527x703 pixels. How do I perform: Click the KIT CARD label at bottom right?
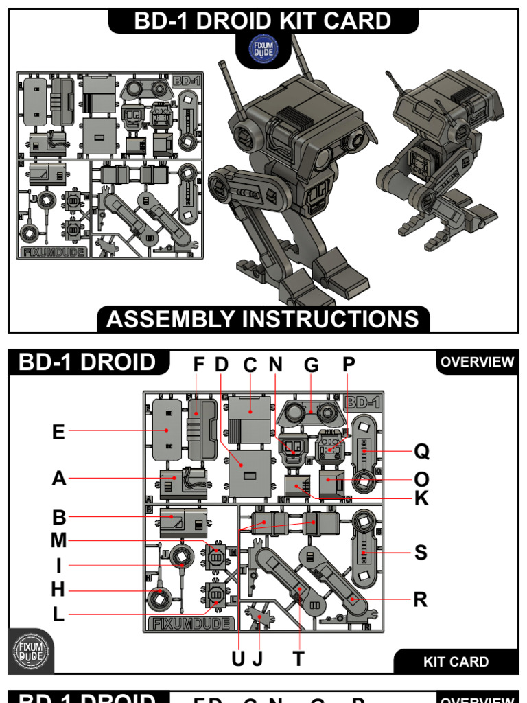[456, 662]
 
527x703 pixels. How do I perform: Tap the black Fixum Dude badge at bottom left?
[30, 649]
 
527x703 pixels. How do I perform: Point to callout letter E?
[58, 432]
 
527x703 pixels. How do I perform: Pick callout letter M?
[58, 541]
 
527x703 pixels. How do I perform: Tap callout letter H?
[58, 590]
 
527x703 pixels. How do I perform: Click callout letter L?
[58, 614]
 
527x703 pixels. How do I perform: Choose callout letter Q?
[421, 451]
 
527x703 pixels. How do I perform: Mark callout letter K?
[421, 499]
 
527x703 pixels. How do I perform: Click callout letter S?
[421, 552]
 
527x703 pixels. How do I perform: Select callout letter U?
[238, 659]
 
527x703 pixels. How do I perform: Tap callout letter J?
[258, 659]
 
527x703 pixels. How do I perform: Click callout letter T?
[298, 659]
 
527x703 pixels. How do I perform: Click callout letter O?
[421, 479]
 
